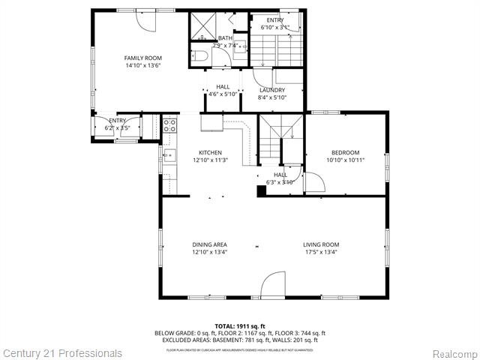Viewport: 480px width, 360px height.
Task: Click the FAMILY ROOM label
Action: [142, 58]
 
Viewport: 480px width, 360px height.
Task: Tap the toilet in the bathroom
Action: [199, 54]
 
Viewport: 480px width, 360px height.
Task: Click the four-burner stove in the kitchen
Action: [169, 124]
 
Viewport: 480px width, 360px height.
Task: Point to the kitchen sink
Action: [169, 156]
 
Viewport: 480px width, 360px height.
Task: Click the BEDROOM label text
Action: [345, 152]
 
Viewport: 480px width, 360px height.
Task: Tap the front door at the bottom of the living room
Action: [273, 285]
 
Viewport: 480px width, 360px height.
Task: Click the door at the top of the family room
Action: [145, 20]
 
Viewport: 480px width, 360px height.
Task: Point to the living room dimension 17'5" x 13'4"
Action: [321, 253]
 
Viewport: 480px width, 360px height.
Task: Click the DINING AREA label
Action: [210, 244]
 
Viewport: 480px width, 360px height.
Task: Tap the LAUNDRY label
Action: [271, 90]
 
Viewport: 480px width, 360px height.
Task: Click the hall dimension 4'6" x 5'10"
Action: [223, 94]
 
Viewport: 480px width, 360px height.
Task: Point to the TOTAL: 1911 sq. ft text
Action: [240, 326]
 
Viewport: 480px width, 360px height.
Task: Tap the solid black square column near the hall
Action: [261, 190]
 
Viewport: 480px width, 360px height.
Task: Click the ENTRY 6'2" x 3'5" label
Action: [118, 124]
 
